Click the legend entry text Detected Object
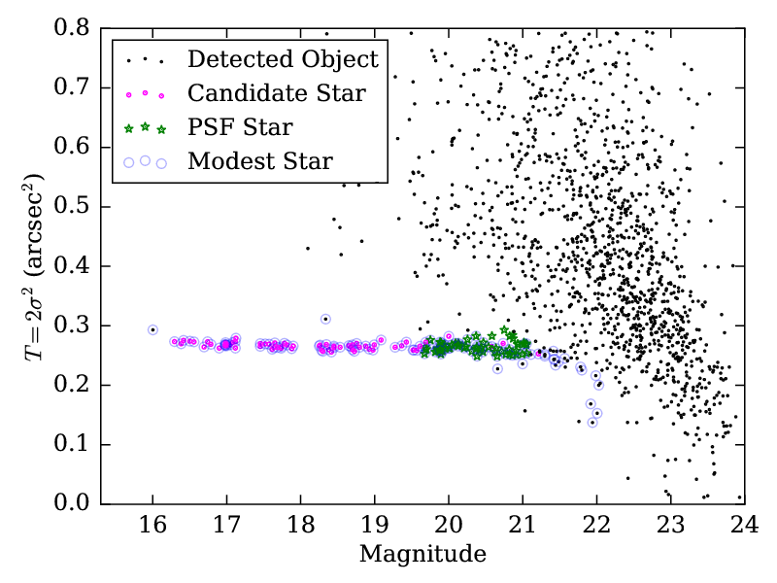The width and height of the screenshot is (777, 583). [283, 59]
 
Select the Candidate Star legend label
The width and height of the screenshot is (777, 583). [277, 93]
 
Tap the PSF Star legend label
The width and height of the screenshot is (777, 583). [240, 127]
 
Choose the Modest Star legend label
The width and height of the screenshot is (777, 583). [260, 161]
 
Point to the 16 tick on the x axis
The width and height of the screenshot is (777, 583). [152, 526]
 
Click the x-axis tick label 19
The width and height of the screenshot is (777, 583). [374, 526]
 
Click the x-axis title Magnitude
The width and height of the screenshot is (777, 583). [422, 555]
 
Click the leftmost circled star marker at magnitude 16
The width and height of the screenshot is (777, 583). [152, 329]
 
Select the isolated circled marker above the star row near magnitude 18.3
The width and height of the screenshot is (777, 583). [325, 319]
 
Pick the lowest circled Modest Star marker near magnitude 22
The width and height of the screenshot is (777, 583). [592, 422]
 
